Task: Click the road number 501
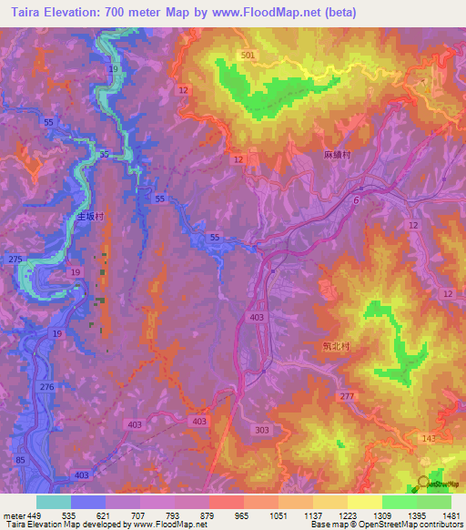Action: pos(249,56)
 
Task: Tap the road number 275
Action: pos(15,260)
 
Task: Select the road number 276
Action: pos(47,388)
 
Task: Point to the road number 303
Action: pos(263,430)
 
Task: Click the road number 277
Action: pos(346,397)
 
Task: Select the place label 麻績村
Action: pos(337,156)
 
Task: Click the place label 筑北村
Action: pos(336,347)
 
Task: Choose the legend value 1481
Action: pos(451,515)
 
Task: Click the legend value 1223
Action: pos(348,515)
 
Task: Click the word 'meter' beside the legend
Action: pos(13,515)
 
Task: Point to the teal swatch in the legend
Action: pos(54,502)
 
